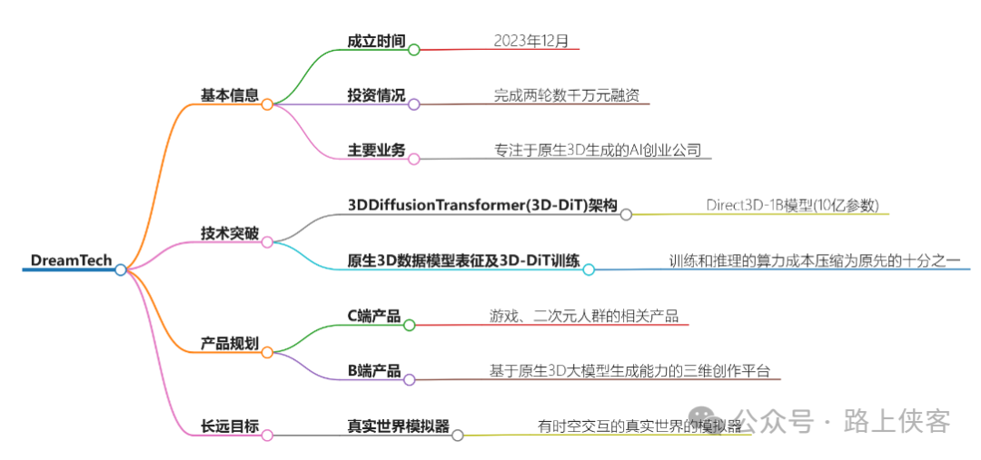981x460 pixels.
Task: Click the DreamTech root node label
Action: click(71, 260)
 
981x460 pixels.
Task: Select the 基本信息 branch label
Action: click(230, 94)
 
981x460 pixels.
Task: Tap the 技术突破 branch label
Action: click(230, 233)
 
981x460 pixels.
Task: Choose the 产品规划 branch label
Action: click(230, 344)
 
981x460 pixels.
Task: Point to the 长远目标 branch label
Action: click(230, 426)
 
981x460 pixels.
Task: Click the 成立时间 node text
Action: click(376, 41)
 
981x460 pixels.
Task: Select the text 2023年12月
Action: click(531, 41)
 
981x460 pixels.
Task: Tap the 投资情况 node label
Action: click(376, 95)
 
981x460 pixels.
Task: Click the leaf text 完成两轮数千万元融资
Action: click(570, 95)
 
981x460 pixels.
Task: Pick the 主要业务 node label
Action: click(376, 150)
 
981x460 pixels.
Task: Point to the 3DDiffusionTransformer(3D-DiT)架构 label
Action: click(482, 206)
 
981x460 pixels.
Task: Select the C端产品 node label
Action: click(374, 316)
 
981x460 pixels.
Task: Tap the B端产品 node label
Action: click(374, 371)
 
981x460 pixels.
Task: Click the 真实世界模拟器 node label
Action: click(398, 426)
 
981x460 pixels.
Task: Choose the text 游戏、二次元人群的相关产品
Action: click(583, 316)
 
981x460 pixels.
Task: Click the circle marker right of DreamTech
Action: click(121, 269)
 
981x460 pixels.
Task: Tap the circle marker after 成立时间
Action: click(414, 50)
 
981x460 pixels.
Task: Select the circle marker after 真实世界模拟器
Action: click(458, 436)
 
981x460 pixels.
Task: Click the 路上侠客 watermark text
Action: click(897, 421)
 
